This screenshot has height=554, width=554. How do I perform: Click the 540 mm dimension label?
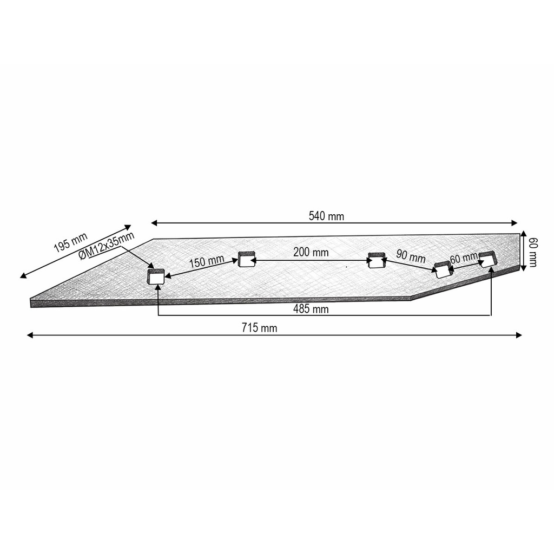tap(326, 216)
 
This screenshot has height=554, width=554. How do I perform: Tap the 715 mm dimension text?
tap(259, 328)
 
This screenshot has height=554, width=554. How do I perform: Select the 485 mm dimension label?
tap(311, 309)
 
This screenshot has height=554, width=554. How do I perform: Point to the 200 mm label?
tap(311, 252)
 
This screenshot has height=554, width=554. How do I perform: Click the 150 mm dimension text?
tap(207, 262)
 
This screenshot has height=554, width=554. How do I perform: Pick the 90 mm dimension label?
tap(411, 256)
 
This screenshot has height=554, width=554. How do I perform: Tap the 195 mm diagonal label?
tap(71, 242)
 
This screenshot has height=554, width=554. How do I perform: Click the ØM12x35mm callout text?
tap(107, 246)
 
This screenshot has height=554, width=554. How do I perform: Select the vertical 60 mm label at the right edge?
tap(533, 252)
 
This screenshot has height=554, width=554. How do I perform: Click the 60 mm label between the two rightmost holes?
tap(464, 258)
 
